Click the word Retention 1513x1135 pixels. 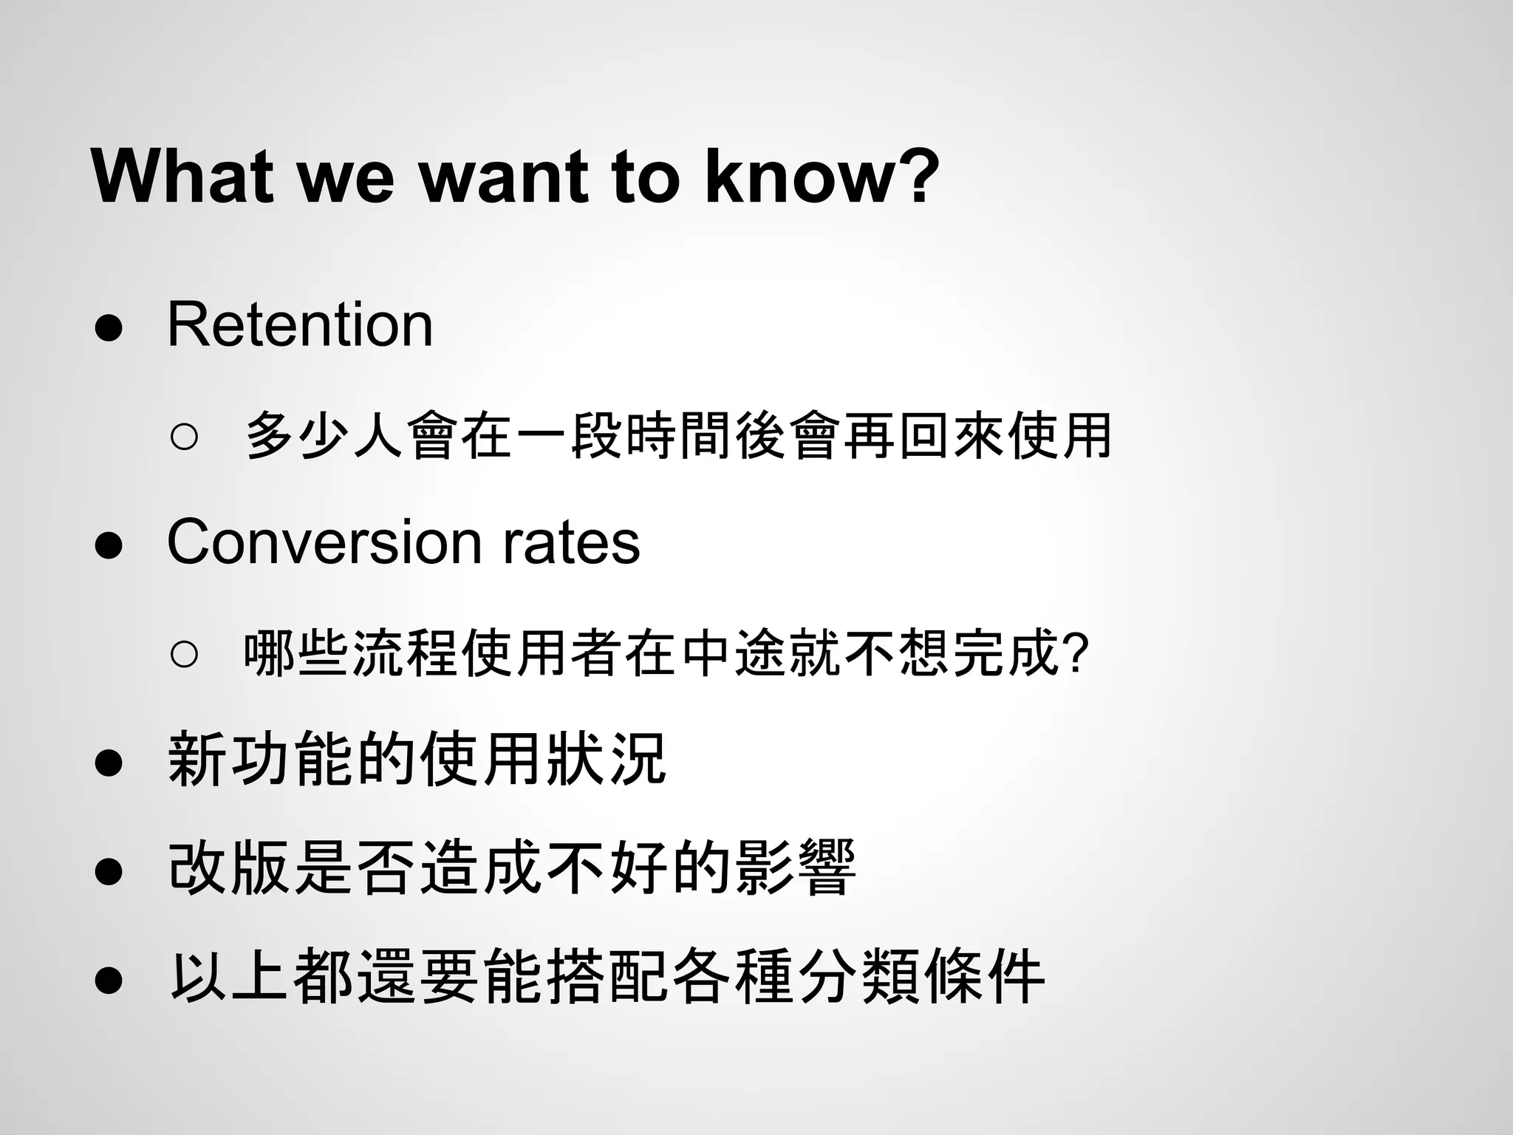point(300,324)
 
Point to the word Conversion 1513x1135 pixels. point(324,542)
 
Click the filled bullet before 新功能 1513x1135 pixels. point(109,764)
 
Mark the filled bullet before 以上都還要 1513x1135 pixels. point(109,981)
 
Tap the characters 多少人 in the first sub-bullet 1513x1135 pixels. point(324,436)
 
